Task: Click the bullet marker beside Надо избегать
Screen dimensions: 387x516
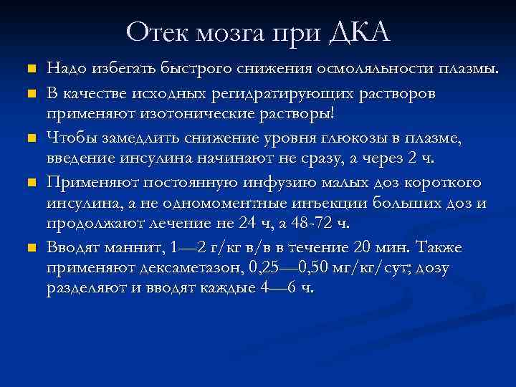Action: click(29, 70)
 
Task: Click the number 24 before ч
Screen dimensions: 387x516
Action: click(246, 224)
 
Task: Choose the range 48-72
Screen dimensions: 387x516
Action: click(312, 224)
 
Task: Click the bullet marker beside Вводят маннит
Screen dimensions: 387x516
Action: click(29, 248)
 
